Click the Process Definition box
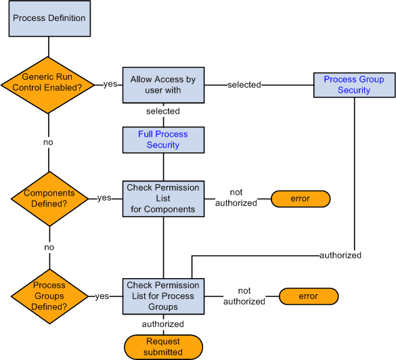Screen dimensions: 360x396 pyautogui.click(x=49, y=18)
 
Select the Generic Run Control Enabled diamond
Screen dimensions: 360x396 pyautogui.click(x=49, y=85)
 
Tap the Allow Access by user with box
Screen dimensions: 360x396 pyautogui.click(x=163, y=85)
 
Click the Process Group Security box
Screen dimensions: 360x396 pyautogui.click(x=353, y=85)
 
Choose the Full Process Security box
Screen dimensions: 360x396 pyautogui.click(x=163, y=139)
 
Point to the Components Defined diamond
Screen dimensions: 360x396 pyautogui.click(x=49, y=198)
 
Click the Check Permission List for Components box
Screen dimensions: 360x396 pyautogui.click(x=163, y=198)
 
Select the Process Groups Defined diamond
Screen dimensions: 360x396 pyautogui.click(x=49, y=296)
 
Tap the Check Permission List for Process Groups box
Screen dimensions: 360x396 pyautogui.click(x=163, y=296)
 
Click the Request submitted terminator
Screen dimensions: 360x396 pyautogui.click(x=163, y=346)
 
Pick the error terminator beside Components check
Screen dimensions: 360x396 pyautogui.click(x=300, y=199)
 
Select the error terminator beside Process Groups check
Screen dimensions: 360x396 pyautogui.click(x=308, y=296)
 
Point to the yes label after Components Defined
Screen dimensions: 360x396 pyautogui.click(x=104, y=198)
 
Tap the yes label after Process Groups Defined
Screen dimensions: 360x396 pyautogui.click(x=102, y=296)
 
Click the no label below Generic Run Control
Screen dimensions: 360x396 pyautogui.click(x=49, y=142)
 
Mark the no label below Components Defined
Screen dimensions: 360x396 pyautogui.click(x=49, y=248)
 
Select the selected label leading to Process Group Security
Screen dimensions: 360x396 pyautogui.click(x=244, y=85)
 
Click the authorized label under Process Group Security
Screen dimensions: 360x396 pyautogui.click(x=340, y=255)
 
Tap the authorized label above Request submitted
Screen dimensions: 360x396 pyautogui.click(x=163, y=324)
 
